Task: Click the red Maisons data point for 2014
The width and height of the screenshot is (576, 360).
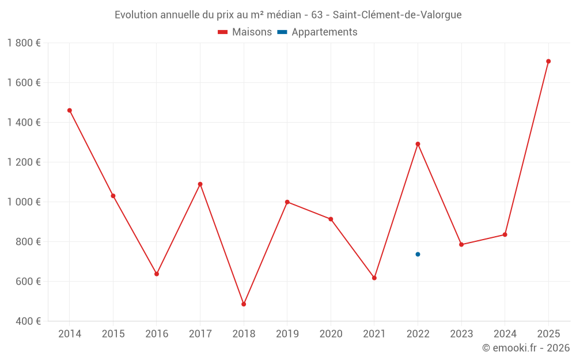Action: pos(70,110)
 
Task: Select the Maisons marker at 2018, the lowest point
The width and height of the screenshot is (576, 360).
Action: pos(244,304)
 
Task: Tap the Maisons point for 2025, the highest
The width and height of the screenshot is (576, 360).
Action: pos(548,61)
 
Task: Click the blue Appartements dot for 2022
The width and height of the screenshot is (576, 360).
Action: pos(418,254)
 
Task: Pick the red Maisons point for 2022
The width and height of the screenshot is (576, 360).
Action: pos(418,144)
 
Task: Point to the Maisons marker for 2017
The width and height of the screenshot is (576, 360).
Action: pos(200,184)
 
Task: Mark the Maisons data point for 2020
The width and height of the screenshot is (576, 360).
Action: pos(331,219)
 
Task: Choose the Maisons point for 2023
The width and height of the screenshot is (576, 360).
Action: pos(461,244)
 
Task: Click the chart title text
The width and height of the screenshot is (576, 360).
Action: pos(288,15)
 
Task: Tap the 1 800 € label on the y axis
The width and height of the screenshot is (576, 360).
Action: pos(24,43)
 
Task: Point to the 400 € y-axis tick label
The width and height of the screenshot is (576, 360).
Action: pos(28,321)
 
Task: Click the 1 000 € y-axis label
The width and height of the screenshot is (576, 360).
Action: pos(24,202)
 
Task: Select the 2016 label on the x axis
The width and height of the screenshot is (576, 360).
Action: pos(157,334)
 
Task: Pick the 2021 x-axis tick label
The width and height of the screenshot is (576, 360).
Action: pos(374,334)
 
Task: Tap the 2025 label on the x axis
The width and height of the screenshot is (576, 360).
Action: pos(548,334)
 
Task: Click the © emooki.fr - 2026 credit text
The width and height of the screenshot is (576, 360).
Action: pos(525,348)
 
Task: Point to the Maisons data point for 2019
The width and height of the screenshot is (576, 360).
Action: pos(287,202)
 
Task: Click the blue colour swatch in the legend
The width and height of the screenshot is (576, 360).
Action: pos(282,32)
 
